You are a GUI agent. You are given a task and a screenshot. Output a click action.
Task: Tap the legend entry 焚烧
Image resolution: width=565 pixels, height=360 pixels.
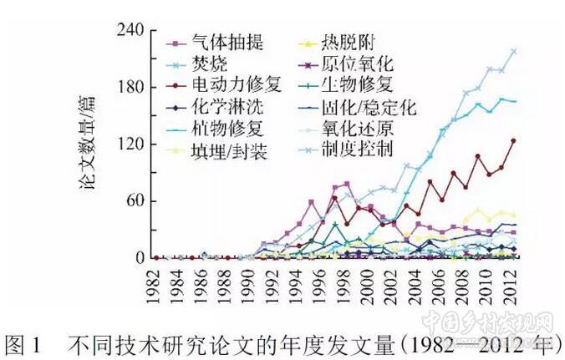pyautogui.click(x=206, y=63)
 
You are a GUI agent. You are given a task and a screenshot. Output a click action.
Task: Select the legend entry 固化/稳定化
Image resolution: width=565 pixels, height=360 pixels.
pyautogui.click(x=368, y=107)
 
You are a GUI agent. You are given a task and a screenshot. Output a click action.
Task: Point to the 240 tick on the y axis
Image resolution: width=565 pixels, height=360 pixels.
pyautogui.click(x=133, y=31)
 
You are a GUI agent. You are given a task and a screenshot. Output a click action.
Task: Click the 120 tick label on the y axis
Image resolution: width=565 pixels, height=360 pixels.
pyautogui.click(x=133, y=145)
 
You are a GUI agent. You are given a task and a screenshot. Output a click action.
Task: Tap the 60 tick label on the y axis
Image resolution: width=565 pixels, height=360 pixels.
pyautogui.click(x=137, y=201)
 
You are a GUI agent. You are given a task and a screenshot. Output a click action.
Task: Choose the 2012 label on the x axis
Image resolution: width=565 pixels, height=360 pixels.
pyautogui.click(x=512, y=285)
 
